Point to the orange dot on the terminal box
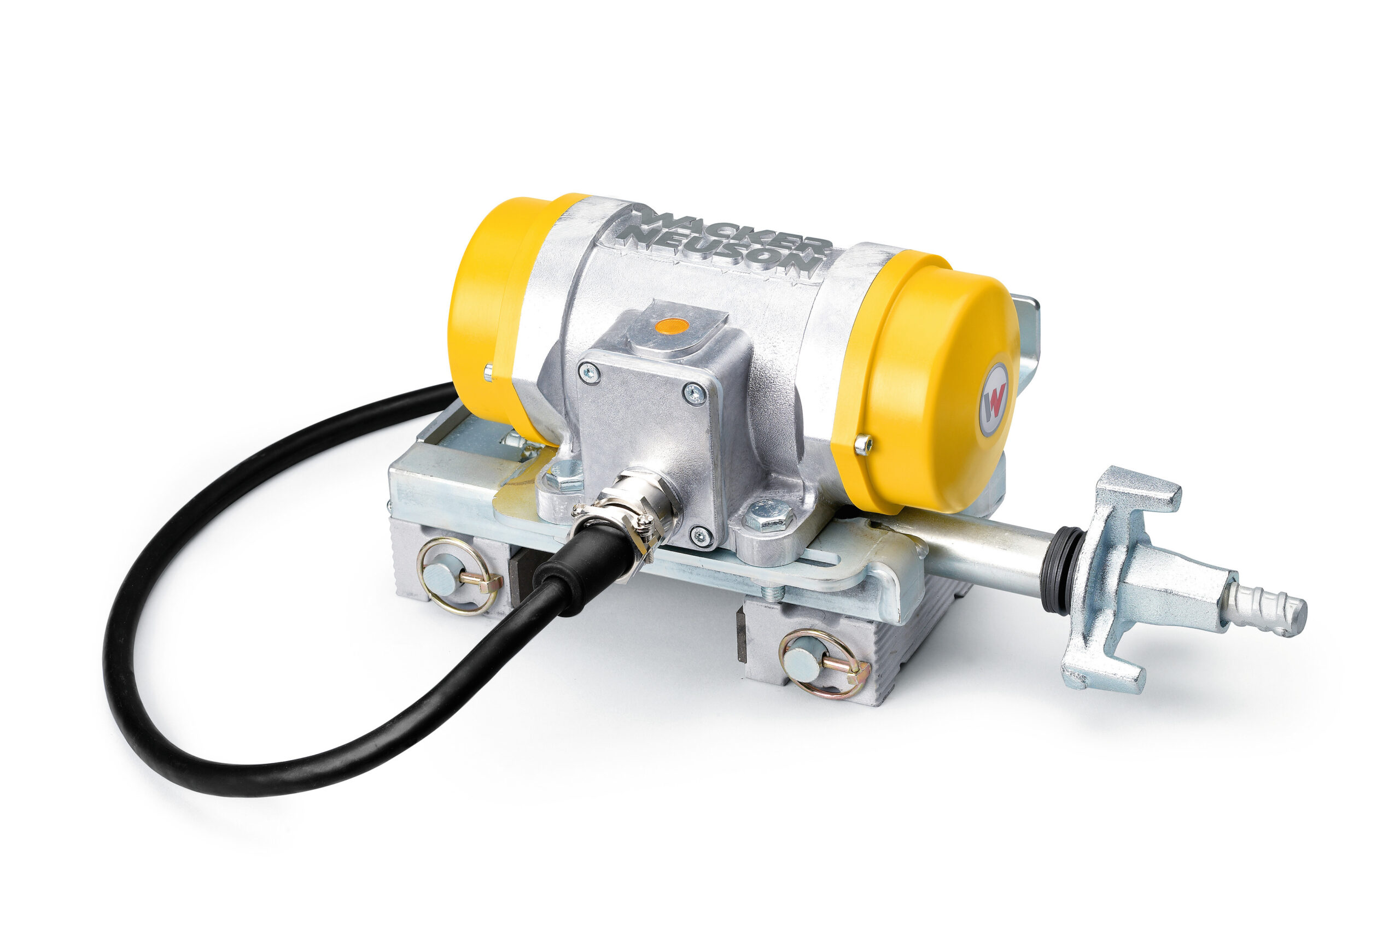(x=673, y=327)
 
